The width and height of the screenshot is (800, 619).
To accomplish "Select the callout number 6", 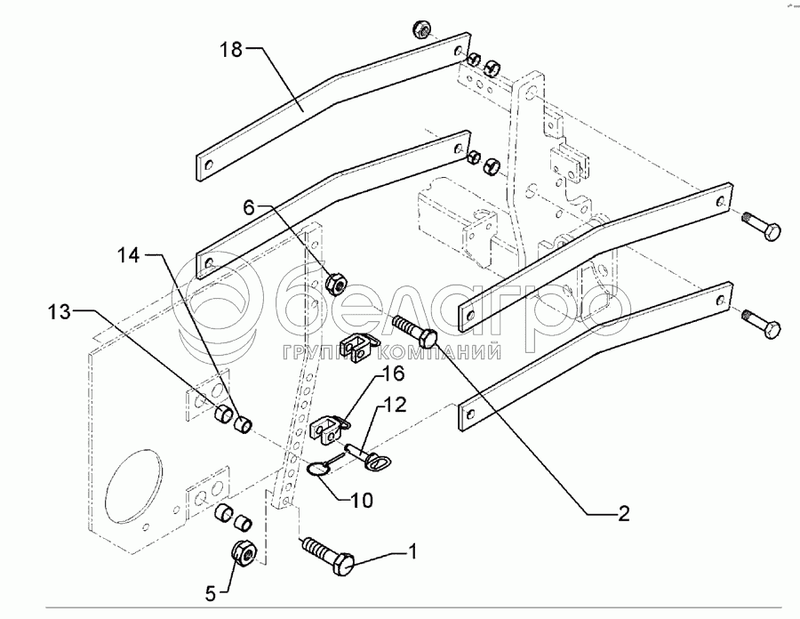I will point(250,207).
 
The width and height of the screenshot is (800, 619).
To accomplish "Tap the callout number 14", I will point(128,254).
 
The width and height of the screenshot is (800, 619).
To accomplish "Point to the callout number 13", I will point(60,312).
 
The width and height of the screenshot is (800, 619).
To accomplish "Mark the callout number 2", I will point(623,513).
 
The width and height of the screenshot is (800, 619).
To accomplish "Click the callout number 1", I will point(412,552).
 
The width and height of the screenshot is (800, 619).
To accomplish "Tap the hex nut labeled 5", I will point(244,552).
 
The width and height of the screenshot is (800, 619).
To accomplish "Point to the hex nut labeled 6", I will point(336,284).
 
